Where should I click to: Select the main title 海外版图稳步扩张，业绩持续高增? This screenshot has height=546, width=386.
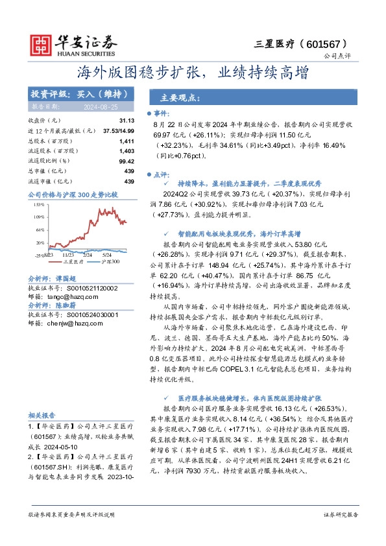click(193, 71)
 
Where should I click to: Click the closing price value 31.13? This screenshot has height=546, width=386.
click(127, 121)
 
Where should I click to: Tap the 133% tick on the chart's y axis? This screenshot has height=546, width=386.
click(39, 204)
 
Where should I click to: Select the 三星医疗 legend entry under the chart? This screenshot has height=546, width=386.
click(73, 261)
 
